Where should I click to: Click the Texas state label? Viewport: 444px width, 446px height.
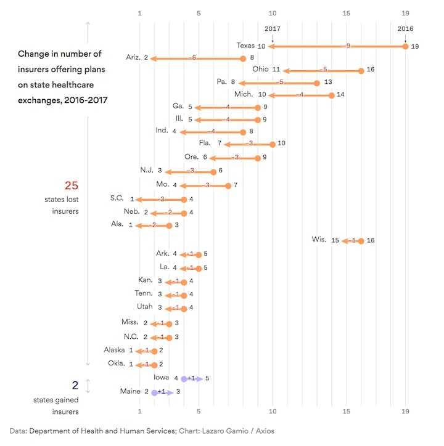pos(245,46)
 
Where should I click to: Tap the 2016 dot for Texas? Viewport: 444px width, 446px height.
pos(405,46)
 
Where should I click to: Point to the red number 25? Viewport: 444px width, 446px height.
pos(72,185)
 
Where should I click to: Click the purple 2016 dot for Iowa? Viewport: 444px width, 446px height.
pos(184,378)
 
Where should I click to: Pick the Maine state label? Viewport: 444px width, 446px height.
pos(131,391)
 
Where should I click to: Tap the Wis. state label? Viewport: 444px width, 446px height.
pos(319,240)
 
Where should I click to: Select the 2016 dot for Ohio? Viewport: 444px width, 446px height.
pos(361,70)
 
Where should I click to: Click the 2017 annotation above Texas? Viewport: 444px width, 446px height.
pos(272,28)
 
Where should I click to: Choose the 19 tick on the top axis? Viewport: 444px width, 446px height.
pos(405,13)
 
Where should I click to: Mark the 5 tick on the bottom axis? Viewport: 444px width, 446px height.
pos(199,411)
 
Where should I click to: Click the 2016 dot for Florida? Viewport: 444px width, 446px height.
pos(273,144)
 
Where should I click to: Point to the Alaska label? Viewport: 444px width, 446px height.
pos(114,350)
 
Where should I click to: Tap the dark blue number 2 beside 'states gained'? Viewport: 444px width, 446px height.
pos(75,386)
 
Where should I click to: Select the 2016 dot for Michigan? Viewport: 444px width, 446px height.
pos(332,95)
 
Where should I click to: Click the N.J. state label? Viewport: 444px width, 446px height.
pos(147,170)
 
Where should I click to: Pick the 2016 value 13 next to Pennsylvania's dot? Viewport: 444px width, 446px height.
pos(328,82)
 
